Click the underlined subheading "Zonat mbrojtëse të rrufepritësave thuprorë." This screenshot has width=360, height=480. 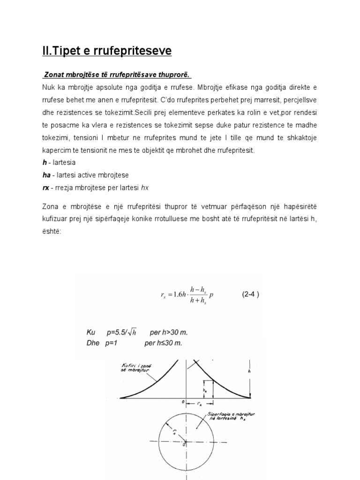coord(117,75)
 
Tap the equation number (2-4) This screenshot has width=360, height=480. coord(250,294)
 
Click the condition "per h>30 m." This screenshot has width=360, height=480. coord(168,332)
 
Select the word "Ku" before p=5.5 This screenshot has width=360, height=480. coord(91,332)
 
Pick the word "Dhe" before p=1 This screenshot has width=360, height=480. coord(93,343)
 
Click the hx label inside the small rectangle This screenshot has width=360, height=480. coord(205,389)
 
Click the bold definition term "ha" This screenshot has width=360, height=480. coord(47,174)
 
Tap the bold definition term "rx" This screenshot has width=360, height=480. coord(46,187)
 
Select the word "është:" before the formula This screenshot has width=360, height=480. coord(52,231)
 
